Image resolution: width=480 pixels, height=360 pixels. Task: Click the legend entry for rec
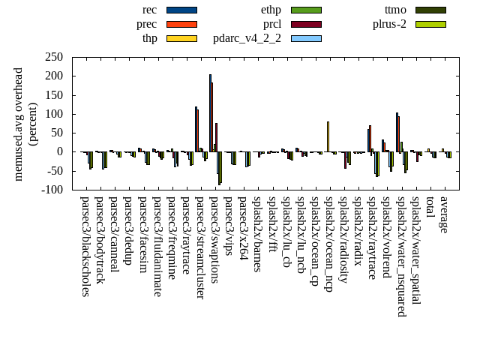[181, 10]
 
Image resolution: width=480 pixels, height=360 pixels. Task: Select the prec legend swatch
[181, 24]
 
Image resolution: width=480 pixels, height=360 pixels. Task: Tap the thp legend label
[150, 38]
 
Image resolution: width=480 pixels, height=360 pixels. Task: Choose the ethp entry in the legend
[306, 10]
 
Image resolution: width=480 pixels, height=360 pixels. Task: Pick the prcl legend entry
[306, 24]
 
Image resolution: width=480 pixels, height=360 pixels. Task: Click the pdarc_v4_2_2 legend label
[247, 38]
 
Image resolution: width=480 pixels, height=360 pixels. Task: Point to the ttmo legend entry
[430, 10]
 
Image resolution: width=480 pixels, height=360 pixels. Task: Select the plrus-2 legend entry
[430, 24]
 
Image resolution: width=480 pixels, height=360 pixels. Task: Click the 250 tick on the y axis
[53, 57]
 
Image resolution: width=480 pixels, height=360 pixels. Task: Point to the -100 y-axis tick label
[51, 190]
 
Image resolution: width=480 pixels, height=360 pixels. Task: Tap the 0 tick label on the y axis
[59, 151]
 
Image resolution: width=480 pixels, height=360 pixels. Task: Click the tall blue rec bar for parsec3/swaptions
[210, 112]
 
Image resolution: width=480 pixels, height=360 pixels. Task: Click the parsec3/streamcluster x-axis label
[199, 247]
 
